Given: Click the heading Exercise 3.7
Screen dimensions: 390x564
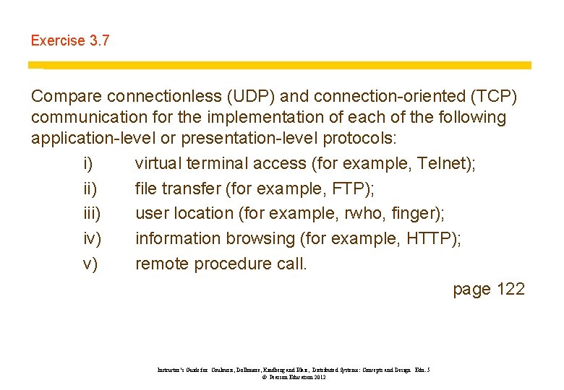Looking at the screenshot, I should tap(70, 41).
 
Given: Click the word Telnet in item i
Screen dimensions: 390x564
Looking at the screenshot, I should tap(443, 164).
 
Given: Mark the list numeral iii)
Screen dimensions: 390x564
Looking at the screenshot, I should tap(91, 214).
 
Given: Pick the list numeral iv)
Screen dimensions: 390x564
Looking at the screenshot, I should tap(92, 239).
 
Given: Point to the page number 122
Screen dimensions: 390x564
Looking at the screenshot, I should tap(510, 290).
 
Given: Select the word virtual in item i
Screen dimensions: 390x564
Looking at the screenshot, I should tap(158, 164).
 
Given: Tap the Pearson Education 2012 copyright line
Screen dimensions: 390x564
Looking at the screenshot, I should tap(294, 377).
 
